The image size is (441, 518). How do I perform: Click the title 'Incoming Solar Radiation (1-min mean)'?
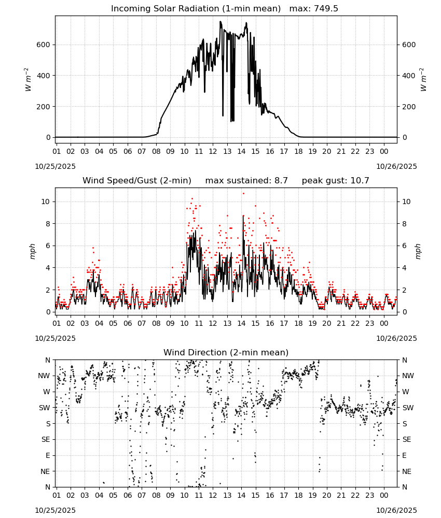(196, 9)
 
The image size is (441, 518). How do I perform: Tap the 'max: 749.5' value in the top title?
(314, 9)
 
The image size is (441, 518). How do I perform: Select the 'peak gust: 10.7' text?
(336, 181)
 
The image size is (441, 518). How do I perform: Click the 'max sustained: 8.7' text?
(246, 181)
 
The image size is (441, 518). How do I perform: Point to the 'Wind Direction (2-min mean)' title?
(226, 352)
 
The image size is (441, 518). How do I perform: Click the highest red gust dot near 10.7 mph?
(243, 194)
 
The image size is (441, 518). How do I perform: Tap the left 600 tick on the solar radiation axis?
(44, 45)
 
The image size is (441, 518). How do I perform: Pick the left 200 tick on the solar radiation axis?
(44, 107)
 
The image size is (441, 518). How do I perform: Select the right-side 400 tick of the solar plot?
(409, 76)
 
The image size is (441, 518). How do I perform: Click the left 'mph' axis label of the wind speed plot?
(32, 251)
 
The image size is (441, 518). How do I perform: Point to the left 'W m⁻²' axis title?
(28, 80)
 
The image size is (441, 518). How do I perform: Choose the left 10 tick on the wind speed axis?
(46, 202)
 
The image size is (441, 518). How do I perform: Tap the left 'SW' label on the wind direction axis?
(45, 408)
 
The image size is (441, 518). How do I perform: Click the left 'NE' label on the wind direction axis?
(45, 471)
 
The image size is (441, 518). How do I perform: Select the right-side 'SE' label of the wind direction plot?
(407, 439)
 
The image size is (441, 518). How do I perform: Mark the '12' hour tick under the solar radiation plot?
(213, 151)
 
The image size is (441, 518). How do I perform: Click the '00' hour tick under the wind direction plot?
(384, 495)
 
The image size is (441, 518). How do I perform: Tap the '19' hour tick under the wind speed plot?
(313, 323)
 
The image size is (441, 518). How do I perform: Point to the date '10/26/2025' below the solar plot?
(396, 166)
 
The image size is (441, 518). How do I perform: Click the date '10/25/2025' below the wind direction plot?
(55, 510)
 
